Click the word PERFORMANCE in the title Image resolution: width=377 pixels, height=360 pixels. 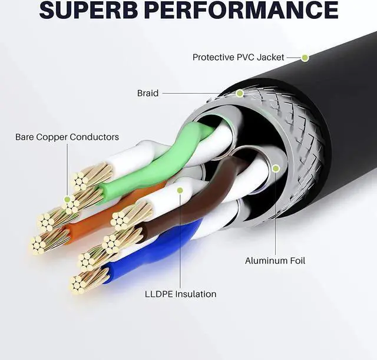242,9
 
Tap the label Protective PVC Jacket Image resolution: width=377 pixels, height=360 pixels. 238,57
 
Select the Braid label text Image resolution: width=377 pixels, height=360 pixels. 148,93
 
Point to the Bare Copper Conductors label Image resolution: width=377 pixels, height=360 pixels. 67,137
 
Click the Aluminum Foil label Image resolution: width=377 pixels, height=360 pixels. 275,260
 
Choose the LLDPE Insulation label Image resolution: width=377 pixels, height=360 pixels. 181,294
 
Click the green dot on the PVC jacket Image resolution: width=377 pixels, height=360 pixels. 305,58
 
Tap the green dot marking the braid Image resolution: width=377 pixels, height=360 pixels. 240,93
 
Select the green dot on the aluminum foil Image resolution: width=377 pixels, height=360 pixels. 276,169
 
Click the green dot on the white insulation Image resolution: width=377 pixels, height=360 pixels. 180,190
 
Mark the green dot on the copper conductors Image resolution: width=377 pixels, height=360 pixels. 67,199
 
